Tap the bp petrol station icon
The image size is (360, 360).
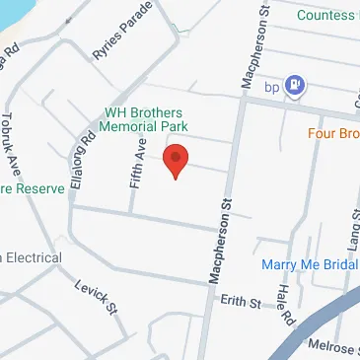294,87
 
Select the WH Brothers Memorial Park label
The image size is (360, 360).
148,119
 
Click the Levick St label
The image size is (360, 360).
96,296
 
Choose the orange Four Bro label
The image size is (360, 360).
332,133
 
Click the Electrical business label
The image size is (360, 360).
30,257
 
